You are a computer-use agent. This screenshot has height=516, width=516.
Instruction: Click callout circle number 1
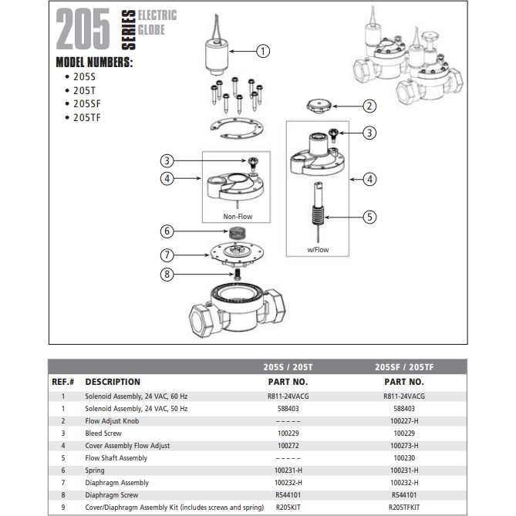click(263, 52)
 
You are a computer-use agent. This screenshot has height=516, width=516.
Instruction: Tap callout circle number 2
click(370, 106)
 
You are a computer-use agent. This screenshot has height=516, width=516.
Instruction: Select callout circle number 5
click(370, 217)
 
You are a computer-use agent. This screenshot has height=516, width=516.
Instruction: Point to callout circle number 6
click(166, 231)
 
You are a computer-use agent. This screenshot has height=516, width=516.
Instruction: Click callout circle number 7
click(166, 255)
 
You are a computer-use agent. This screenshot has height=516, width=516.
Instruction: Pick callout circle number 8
click(166, 274)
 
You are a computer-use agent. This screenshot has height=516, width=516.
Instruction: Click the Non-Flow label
click(238, 217)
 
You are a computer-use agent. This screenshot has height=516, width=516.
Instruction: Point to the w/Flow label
click(318, 249)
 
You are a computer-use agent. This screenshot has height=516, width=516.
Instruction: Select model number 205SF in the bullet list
click(87, 103)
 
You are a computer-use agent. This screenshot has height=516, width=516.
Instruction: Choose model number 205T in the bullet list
click(84, 89)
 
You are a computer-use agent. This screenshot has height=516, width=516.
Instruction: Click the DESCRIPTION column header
click(113, 382)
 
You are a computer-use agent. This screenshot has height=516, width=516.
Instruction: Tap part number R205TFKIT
click(404, 508)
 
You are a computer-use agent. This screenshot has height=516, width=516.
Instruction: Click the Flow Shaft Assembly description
click(116, 458)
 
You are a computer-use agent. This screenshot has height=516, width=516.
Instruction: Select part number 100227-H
click(404, 421)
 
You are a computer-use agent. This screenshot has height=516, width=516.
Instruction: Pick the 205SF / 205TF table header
click(404, 366)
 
